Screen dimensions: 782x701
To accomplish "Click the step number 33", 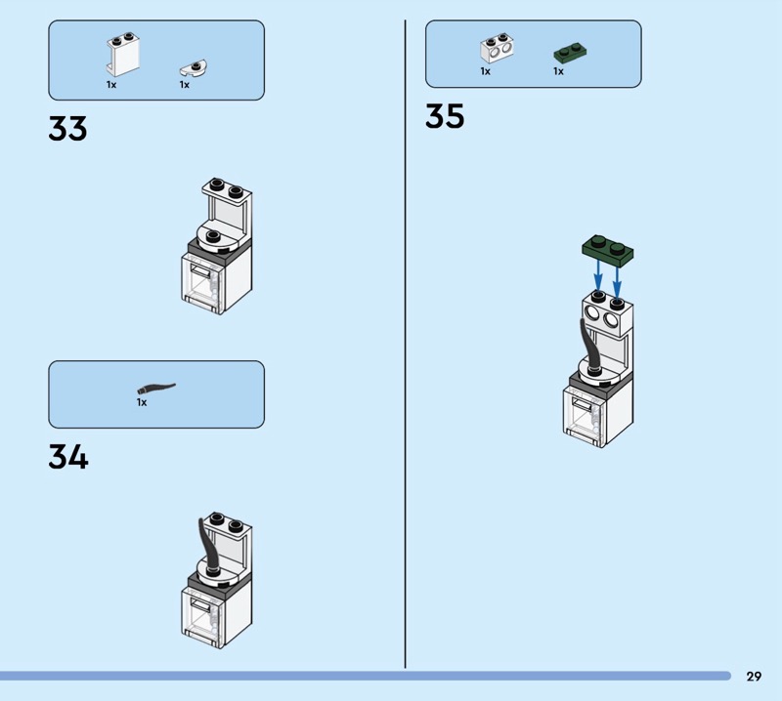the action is (x=67, y=129).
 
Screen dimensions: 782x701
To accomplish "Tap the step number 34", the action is (x=68, y=457).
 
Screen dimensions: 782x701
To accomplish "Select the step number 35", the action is (x=445, y=116).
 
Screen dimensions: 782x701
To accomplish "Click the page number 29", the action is (x=754, y=676).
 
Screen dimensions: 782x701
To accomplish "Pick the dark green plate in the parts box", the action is (x=570, y=53).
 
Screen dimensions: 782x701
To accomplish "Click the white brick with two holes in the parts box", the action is (x=497, y=48).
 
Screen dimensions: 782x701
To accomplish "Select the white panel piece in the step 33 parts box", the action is (x=122, y=55).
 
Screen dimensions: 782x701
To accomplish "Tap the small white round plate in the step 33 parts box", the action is (x=194, y=68).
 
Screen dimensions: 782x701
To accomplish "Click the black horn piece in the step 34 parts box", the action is (x=156, y=388).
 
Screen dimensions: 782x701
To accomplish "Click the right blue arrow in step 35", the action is (x=617, y=282).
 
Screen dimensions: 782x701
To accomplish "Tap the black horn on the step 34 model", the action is (x=209, y=548).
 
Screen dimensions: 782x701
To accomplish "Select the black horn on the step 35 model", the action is (x=590, y=349).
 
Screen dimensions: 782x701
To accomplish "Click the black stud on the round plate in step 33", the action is (x=213, y=235).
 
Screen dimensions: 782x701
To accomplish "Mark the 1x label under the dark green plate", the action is (x=558, y=71).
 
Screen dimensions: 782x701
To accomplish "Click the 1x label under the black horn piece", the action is (x=142, y=402).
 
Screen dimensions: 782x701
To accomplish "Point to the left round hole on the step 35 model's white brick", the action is (x=592, y=312).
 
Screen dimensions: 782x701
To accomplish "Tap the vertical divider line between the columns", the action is (x=405, y=344).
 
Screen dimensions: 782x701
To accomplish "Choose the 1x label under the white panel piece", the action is (x=111, y=85).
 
